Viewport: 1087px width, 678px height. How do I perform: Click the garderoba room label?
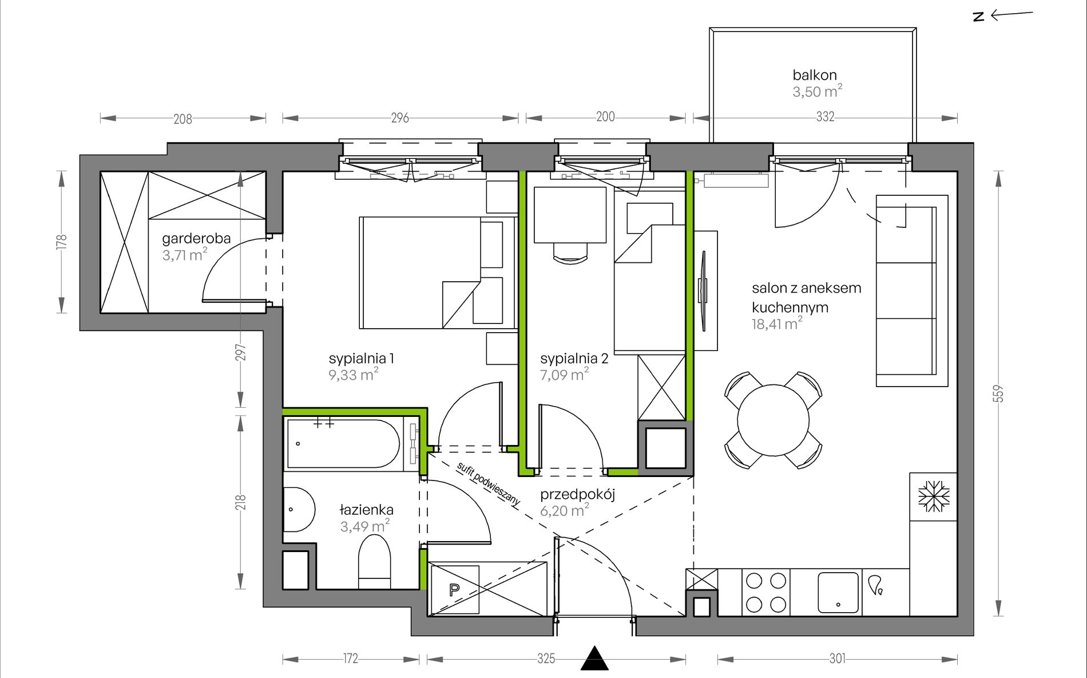[x=196, y=238]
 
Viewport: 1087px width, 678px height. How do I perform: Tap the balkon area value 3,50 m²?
[x=817, y=91]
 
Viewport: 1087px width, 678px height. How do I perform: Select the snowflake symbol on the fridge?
[x=934, y=496]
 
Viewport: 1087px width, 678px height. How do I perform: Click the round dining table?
[x=773, y=420]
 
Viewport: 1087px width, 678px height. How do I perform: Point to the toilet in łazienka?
[x=374, y=562]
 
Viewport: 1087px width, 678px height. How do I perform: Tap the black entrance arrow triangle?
[x=595, y=658]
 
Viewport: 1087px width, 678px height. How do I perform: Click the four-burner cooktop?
[x=766, y=592]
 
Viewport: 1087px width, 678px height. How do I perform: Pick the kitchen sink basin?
[x=838, y=592]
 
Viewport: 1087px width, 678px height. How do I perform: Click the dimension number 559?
[x=999, y=393]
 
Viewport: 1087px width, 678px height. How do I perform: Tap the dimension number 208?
[x=183, y=119]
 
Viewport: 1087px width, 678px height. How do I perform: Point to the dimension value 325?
[x=546, y=659]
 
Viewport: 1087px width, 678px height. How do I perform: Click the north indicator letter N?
[x=979, y=17]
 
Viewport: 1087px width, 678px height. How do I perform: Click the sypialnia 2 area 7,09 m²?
[x=564, y=375]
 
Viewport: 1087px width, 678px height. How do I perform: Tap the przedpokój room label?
[x=577, y=494]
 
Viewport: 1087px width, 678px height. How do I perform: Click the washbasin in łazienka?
[x=299, y=510]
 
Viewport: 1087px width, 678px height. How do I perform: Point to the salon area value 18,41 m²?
[x=777, y=324]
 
